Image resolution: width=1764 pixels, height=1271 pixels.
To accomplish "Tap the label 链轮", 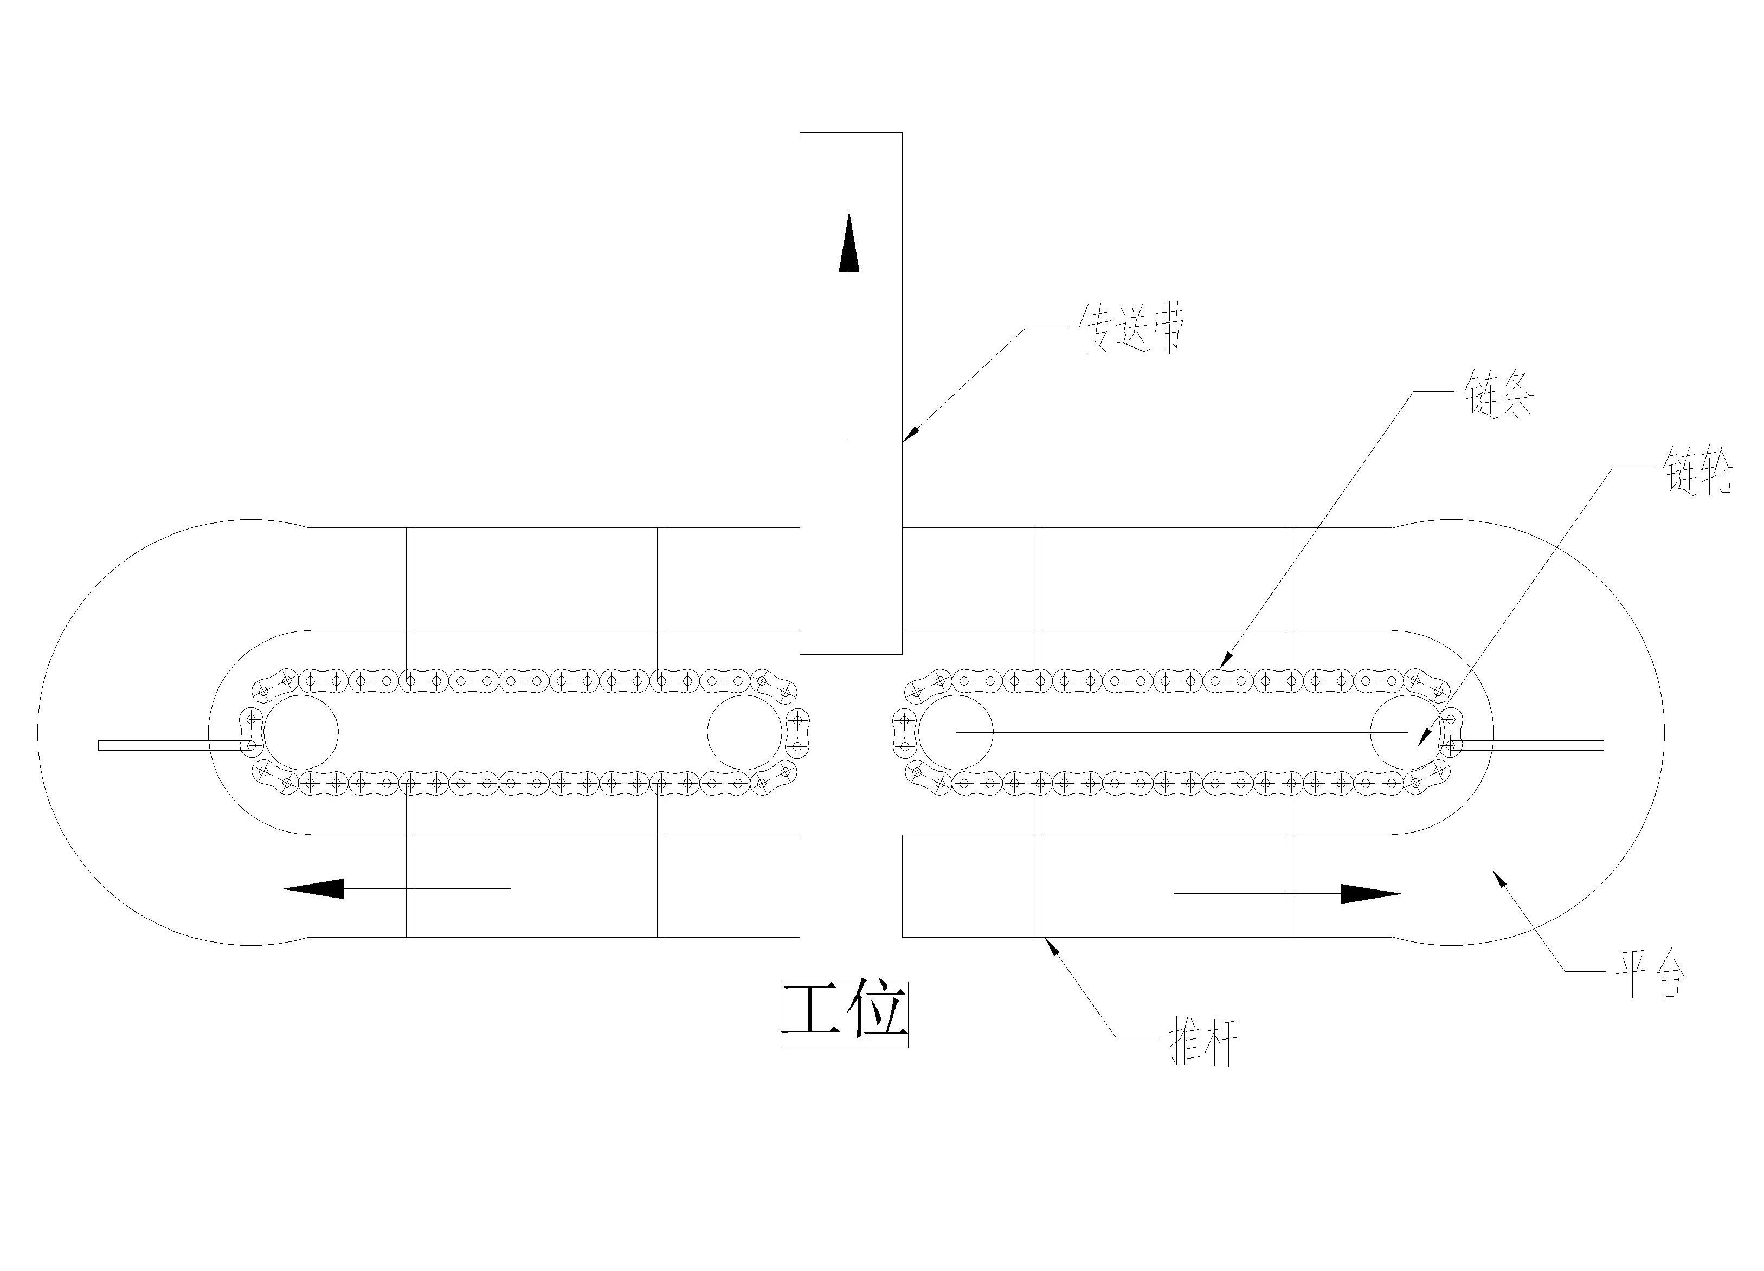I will tap(1698, 469).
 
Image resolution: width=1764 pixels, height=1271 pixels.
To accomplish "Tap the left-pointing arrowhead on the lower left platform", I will tap(314, 888).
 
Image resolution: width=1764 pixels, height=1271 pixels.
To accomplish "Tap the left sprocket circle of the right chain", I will tap(955, 733).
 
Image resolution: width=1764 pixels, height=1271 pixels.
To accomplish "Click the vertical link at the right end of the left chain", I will tap(797, 733).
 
